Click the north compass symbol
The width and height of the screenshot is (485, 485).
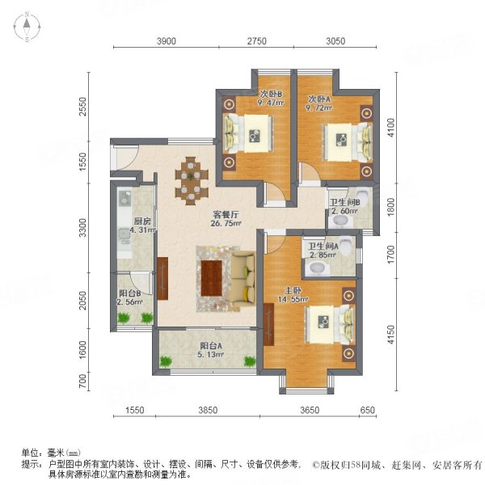(x=27, y=27)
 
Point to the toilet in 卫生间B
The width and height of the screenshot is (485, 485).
(x=361, y=196)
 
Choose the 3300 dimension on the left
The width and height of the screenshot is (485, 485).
(x=94, y=230)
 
